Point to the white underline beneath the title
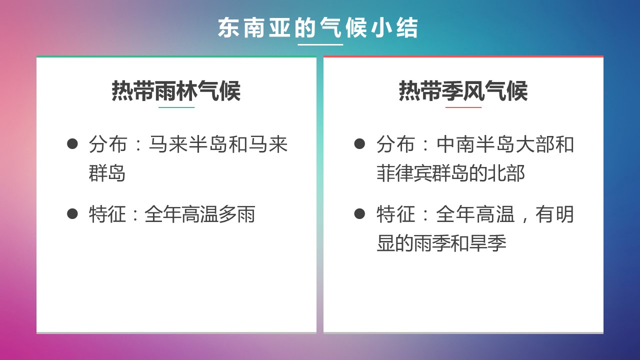(x=320, y=44)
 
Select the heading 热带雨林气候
(x=176, y=90)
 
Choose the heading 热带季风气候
(x=463, y=90)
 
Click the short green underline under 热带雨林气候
(x=176, y=107)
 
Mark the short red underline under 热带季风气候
(x=463, y=107)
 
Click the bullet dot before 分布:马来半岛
(x=72, y=143)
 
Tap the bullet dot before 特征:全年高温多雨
(x=72, y=213)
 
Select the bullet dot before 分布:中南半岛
(x=359, y=143)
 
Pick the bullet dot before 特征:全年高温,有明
(x=359, y=213)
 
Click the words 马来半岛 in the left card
(x=188, y=144)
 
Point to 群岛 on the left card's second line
(x=107, y=173)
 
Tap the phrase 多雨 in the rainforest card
(x=237, y=214)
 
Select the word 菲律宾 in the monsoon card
(x=404, y=173)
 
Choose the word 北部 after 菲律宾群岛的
(x=506, y=173)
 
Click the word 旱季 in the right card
(x=488, y=243)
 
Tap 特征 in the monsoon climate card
(x=395, y=214)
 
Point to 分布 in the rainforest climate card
(x=107, y=144)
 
